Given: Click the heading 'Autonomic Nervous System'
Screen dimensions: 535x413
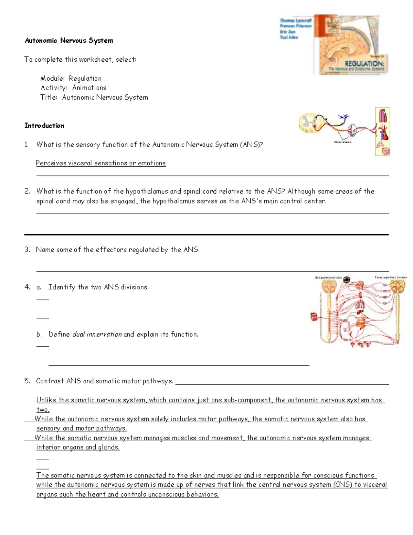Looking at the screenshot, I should point(68,41).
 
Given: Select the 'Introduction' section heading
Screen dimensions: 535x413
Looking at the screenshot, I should point(44,126).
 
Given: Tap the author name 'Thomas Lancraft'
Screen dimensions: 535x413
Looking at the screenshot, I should point(296,21).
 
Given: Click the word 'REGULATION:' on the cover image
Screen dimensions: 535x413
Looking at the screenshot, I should point(365,64).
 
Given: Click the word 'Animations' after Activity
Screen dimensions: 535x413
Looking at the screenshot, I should point(89,88).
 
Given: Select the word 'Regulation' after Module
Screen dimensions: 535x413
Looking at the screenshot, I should point(85,79).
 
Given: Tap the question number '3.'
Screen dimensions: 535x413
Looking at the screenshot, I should point(27,250).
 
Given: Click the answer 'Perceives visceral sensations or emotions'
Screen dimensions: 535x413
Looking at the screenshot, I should point(101,163).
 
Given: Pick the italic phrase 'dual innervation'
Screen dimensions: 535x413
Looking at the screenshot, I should point(97,335).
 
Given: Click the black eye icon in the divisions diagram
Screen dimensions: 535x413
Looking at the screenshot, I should point(347,280).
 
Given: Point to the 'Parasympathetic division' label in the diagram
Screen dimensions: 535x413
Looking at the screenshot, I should point(390,277).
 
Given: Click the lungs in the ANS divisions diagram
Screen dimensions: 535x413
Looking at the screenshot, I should point(360,305).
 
